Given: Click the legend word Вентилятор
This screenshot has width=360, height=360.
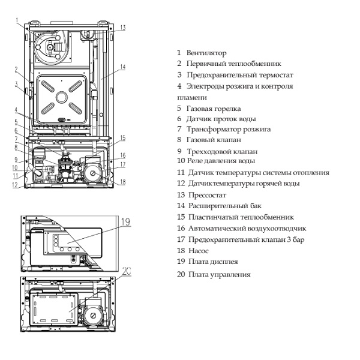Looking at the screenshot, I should pyautogui.click(x=206, y=53).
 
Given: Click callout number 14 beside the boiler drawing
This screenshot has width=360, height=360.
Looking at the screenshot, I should pyautogui.click(x=122, y=67).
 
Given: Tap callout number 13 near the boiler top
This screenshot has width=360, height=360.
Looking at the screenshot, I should pyautogui.click(x=122, y=28).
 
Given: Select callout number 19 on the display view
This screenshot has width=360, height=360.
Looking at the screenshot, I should pyautogui.click(x=125, y=222).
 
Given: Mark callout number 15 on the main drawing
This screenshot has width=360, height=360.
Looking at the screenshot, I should pyautogui.click(x=122, y=138).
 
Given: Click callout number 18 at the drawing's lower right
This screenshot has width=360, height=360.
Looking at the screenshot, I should pyautogui.click(x=122, y=182).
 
